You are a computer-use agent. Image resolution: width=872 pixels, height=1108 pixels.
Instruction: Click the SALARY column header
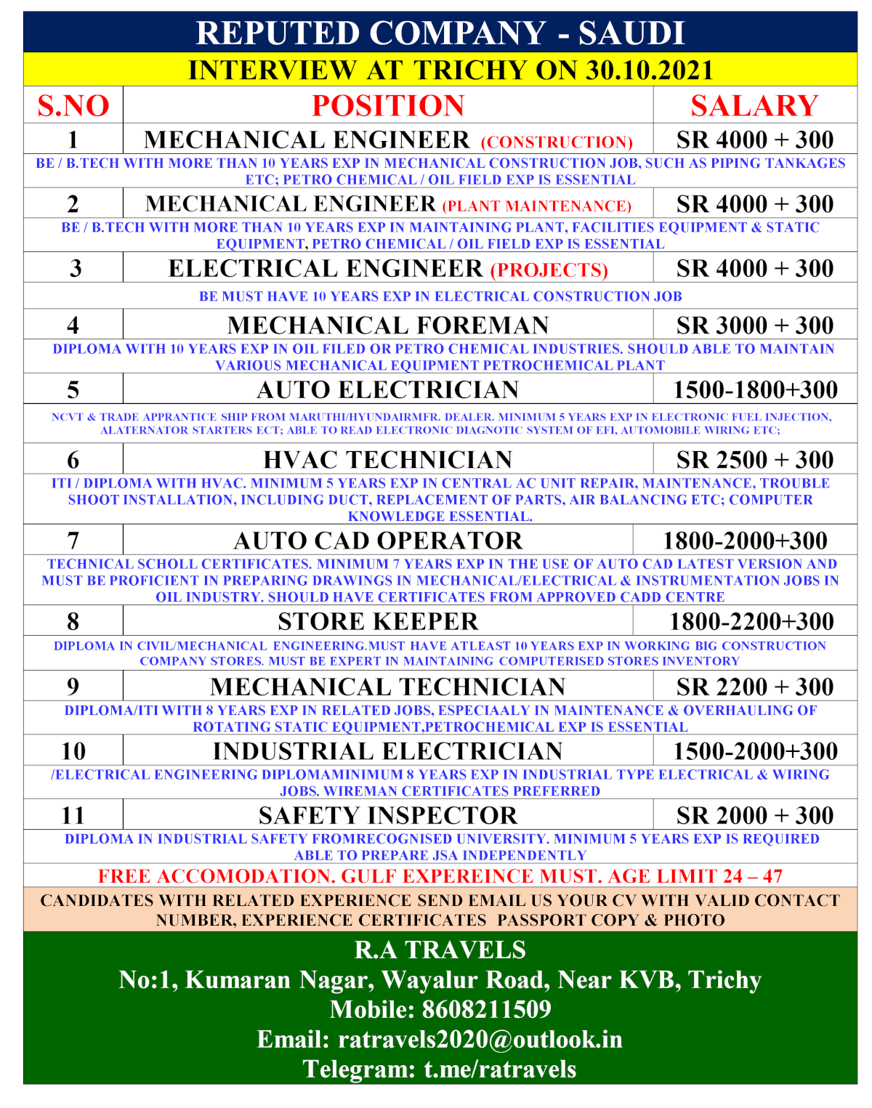tap(754, 106)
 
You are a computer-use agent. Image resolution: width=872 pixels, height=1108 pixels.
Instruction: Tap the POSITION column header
tap(388, 106)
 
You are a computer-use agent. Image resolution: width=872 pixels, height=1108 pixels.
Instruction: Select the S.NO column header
tap(73, 106)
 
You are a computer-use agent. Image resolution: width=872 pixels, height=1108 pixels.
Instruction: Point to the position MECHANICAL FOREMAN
tap(388, 325)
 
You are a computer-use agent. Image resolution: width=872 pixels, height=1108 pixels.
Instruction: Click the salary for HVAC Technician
tap(754, 460)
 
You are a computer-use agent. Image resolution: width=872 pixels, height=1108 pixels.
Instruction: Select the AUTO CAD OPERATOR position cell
tap(378, 541)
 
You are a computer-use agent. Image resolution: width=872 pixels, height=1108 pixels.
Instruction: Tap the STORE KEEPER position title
tap(378, 622)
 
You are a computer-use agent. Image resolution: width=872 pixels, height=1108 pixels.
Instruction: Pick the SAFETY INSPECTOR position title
tap(388, 816)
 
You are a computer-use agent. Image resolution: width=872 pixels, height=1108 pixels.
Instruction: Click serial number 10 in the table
tap(73, 751)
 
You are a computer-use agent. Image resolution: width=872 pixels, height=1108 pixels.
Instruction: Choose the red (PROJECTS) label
tap(549, 270)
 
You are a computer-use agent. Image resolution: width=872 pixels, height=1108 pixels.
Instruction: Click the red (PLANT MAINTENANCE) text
tap(537, 206)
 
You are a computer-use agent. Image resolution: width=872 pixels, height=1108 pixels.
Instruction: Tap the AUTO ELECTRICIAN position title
tap(388, 390)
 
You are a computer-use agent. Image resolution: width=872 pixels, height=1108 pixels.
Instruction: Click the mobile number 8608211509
tap(486, 1010)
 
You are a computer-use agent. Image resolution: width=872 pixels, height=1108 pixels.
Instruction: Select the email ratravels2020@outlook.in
tap(480, 1040)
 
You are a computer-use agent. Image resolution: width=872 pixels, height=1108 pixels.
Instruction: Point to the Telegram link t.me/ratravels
tap(500, 1069)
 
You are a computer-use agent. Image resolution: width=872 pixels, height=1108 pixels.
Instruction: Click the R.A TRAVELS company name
tap(440, 950)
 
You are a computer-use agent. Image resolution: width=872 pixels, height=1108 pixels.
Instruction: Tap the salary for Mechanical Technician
tap(754, 687)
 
